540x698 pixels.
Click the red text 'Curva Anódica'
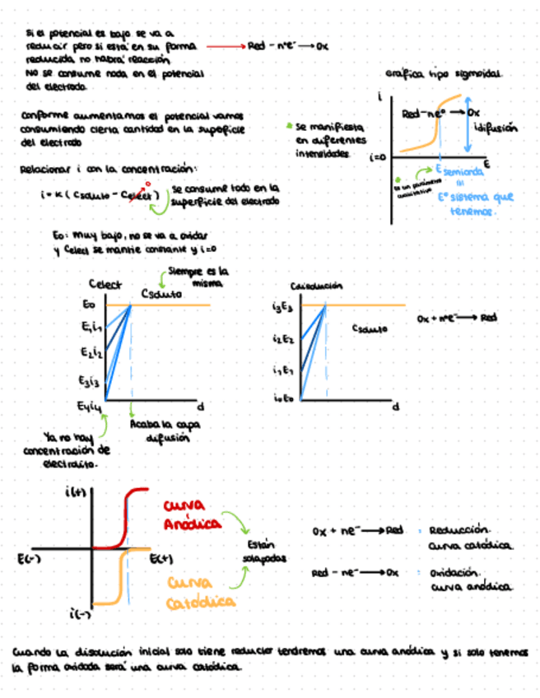[x=193, y=514]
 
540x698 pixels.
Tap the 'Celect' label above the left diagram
[x=105, y=285]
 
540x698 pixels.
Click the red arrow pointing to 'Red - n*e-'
[x=225, y=47]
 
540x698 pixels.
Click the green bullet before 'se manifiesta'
[x=289, y=127]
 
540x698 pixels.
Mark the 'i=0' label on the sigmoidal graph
[x=379, y=156]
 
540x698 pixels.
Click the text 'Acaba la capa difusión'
[x=155, y=430]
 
